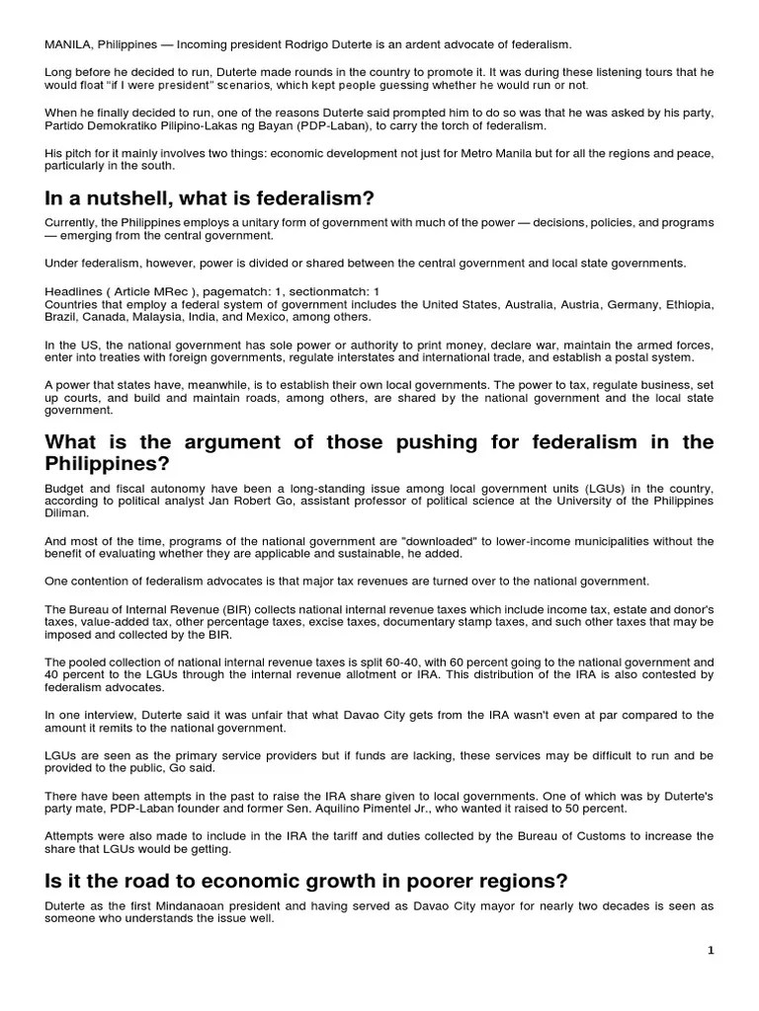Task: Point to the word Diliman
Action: [67, 513]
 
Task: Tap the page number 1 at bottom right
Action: [710, 951]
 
